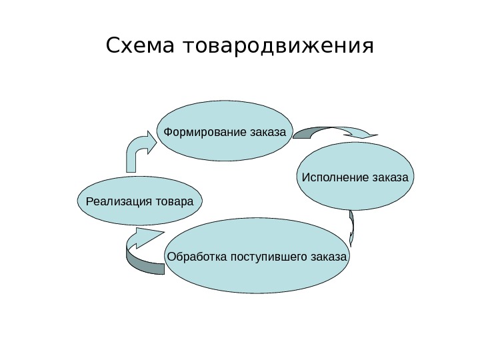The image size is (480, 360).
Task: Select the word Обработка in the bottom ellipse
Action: click(x=197, y=257)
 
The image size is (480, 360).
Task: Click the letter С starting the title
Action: click(x=114, y=47)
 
